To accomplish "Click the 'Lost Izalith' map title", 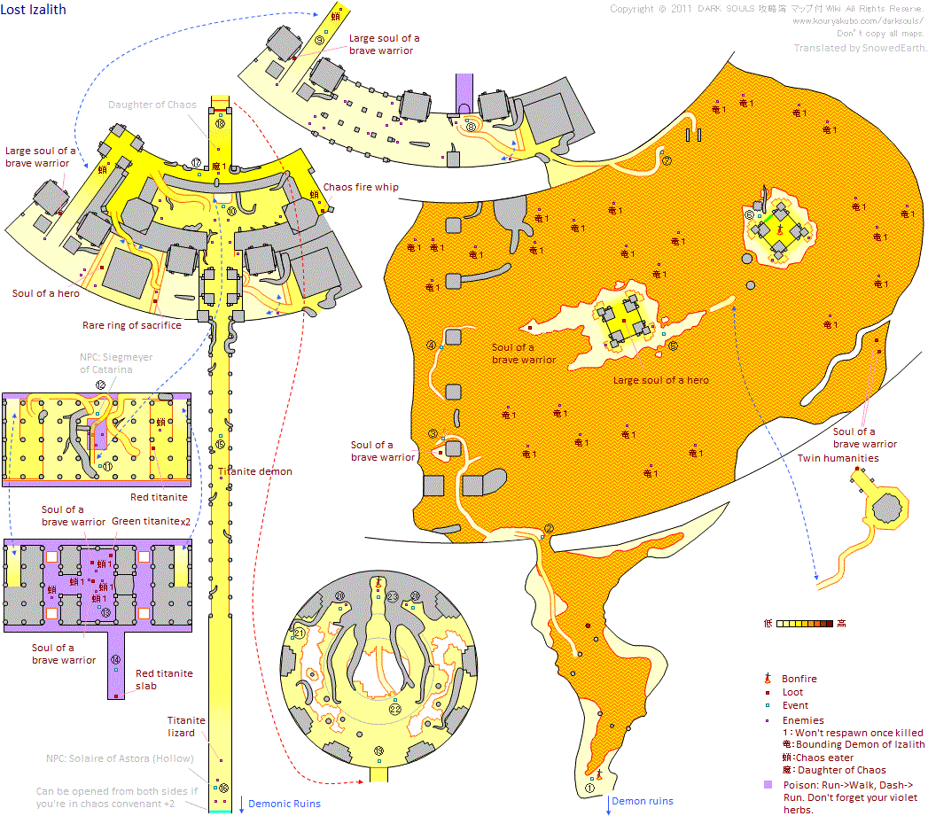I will tap(34, 9).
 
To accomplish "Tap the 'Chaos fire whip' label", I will tap(361, 187).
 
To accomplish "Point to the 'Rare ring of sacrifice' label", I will tap(131, 325).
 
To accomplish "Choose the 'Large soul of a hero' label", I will tap(660, 380).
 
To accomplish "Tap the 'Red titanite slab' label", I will tap(164, 680).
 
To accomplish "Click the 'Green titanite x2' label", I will tap(152, 521).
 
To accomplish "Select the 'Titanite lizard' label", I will tap(187, 727).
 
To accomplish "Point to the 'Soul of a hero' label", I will tap(46, 293).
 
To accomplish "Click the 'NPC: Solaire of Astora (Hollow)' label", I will tap(129, 758).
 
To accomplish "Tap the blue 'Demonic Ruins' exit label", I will tap(284, 804).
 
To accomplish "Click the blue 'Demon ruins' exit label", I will tap(643, 801).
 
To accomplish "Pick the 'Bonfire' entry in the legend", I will tap(799, 679).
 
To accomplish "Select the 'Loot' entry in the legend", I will tap(792, 693).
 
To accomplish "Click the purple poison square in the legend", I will tap(767, 786).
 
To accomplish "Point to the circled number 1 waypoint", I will tap(590, 786).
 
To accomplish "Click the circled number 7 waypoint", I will tap(667, 161).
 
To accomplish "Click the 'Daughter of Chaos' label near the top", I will tap(152, 105).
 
